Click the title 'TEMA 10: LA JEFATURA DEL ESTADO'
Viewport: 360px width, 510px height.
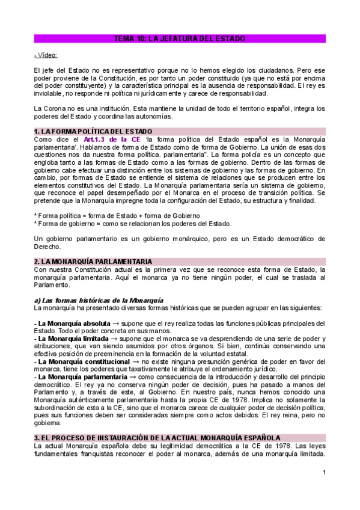tap(180, 39)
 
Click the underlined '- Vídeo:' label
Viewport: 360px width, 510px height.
tap(46, 55)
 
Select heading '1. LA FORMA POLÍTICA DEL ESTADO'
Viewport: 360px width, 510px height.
tap(93, 131)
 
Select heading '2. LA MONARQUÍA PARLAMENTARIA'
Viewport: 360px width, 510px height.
tap(93, 262)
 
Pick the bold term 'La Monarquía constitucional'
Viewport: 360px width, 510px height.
tap(78, 362)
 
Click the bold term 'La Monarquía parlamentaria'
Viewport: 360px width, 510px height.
tap(79, 376)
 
